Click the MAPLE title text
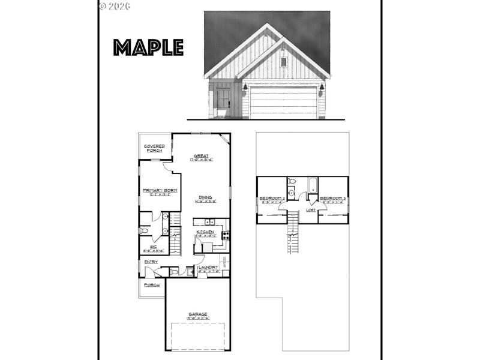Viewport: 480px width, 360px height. tap(148, 47)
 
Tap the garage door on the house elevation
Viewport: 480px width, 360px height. tap(283, 102)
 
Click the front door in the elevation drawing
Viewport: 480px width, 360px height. tap(223, 100)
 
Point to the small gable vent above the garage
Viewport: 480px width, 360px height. tap(283, 61)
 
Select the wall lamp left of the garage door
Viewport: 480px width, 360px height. tap(245, 88)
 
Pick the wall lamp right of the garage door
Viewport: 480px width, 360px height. tap(322, 88)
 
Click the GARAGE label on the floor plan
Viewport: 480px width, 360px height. tap(197, 314)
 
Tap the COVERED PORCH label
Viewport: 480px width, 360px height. tap(154, 148)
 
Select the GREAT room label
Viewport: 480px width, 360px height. tap(201, 156)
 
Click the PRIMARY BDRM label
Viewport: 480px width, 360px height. tap(157, 191)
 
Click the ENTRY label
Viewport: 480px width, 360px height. tap(150, 262)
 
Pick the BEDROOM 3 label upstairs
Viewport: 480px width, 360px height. tap(332, 199)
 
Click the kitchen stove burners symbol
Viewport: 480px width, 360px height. tap(224, 236)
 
